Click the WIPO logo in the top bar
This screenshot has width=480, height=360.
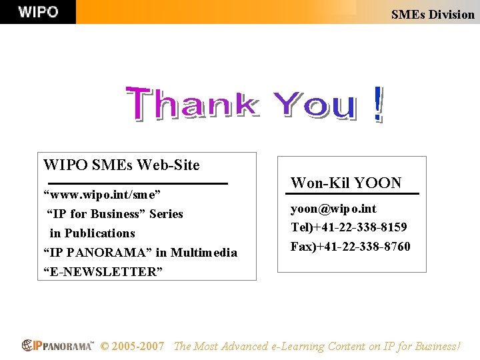(x=38, y=12)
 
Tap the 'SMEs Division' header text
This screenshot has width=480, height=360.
(x=433, y=14)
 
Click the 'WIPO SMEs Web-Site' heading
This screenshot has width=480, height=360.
(x=121, y=164)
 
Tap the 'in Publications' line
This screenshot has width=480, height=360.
(x=92, y=233)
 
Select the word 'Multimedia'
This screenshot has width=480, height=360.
(x=205, y=253)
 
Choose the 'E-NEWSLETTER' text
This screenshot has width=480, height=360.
(x=103, y=271)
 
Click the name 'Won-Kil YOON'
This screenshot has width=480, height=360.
(x=346, y=183)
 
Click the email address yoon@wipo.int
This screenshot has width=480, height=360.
(x=333, y=209)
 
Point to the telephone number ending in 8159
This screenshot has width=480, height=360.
(x=349, y=227)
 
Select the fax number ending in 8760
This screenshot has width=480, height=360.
(x=350, y=247)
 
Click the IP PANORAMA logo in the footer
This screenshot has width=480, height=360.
(x=57, y=345)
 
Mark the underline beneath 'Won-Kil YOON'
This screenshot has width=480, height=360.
(x=352, y=194)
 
